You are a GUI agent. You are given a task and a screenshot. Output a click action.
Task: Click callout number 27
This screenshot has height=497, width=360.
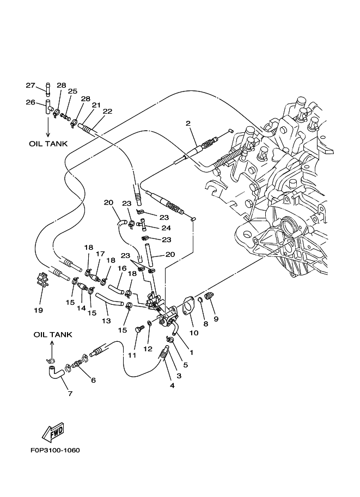tap(30, 85)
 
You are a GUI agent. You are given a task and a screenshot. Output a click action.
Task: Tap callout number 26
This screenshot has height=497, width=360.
tap(30, 102)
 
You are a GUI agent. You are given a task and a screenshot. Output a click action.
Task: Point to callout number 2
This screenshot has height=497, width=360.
tap(187, 124)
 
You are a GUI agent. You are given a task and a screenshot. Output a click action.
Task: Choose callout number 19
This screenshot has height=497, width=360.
tap(38, 310)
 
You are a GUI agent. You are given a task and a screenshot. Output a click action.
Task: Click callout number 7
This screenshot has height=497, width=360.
tap(69, 393)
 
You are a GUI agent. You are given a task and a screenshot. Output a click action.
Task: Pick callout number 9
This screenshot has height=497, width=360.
tap(215, 318)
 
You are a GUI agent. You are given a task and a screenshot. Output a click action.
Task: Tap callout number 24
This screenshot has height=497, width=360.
tap(166, 228)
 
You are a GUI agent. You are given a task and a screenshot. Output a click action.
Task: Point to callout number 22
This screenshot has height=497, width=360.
tap(107, 111)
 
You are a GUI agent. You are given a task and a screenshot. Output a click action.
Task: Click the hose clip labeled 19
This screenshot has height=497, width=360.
tap(42, 280)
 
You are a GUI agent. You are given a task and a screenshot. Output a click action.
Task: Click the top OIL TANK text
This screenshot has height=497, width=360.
tap(48, 144)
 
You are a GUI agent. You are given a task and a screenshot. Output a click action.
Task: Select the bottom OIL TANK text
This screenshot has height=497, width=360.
tap(53, 334)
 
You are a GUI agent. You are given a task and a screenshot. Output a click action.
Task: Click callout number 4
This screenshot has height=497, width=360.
tap(172, 386)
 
